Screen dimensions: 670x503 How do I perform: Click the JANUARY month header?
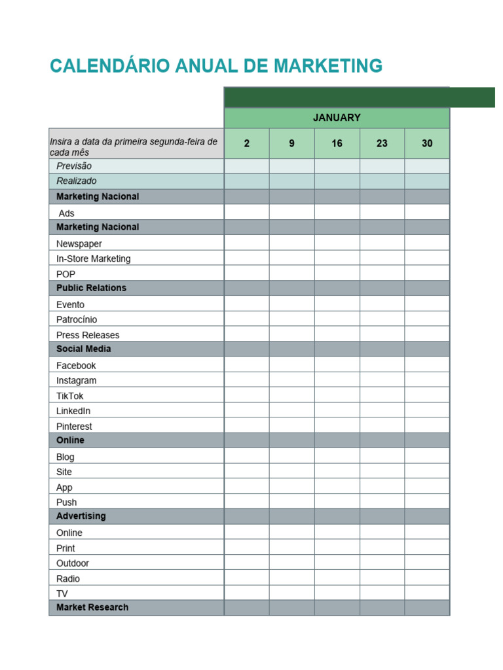point(337,118)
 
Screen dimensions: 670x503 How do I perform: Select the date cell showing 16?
point(337,143)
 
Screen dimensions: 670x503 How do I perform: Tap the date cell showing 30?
point(427,143)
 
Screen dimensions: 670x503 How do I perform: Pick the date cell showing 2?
point(246,143)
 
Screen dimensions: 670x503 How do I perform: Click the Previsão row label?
point(74,166)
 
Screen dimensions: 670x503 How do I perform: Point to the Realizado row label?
point(76,181)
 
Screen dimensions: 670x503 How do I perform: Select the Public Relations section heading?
point(91,288)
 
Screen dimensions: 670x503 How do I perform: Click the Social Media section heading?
point(83,349)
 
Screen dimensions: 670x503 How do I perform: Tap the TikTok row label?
point(70,396)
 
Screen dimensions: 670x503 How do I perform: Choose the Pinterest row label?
point(74,427)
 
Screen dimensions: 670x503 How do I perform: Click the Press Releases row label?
point(88,335)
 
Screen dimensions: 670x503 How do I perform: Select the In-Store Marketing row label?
point(93,258)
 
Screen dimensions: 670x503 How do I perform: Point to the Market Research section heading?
point(92,607)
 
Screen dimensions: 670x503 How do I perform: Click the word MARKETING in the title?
point(328,66)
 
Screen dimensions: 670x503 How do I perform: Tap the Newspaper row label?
point(79,243)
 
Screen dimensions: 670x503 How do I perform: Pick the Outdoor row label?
point(73,563)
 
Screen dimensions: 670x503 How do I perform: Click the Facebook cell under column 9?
point(291,365)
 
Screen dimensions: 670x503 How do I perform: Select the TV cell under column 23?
point(382,593)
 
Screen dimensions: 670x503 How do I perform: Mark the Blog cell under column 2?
point(246,457)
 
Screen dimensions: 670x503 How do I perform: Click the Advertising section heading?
point(81,516)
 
